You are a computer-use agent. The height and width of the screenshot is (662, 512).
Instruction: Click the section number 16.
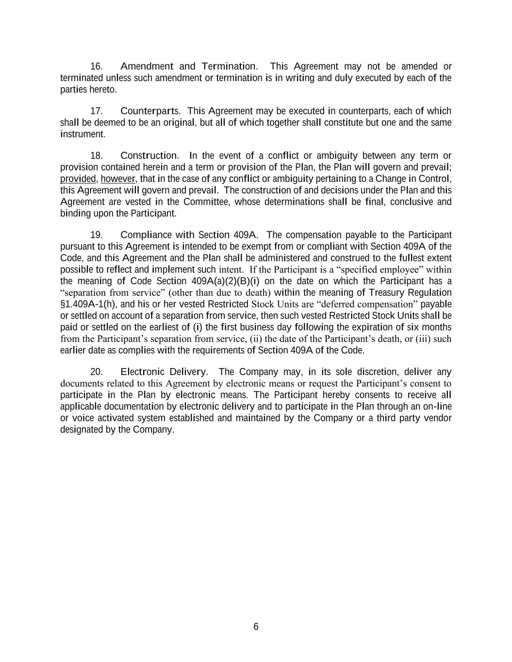[96, 66]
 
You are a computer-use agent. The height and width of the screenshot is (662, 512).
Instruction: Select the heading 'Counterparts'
[150, 111]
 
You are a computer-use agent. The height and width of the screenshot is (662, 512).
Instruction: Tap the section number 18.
[96, 156]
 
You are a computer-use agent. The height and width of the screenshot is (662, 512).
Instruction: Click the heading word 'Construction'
[149, 156]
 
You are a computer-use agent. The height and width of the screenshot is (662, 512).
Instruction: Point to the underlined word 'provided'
[78, 179]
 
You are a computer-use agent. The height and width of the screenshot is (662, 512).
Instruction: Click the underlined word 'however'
[118, 179]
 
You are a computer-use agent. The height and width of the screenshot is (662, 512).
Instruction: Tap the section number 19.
[96, 235]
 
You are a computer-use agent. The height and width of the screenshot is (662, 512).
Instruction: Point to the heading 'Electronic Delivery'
[164, 372]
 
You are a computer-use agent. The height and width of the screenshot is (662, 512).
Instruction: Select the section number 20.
[96, 372]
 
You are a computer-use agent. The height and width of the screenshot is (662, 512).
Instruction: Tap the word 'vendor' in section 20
[438, 418]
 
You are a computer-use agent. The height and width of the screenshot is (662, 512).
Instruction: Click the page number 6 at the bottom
[256, 627]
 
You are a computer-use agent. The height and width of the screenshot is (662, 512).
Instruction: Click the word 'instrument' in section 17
[82, 134]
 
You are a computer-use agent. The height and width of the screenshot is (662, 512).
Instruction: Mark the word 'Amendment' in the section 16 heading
[147, 66]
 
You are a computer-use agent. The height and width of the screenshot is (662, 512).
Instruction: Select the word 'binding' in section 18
[75, 213]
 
